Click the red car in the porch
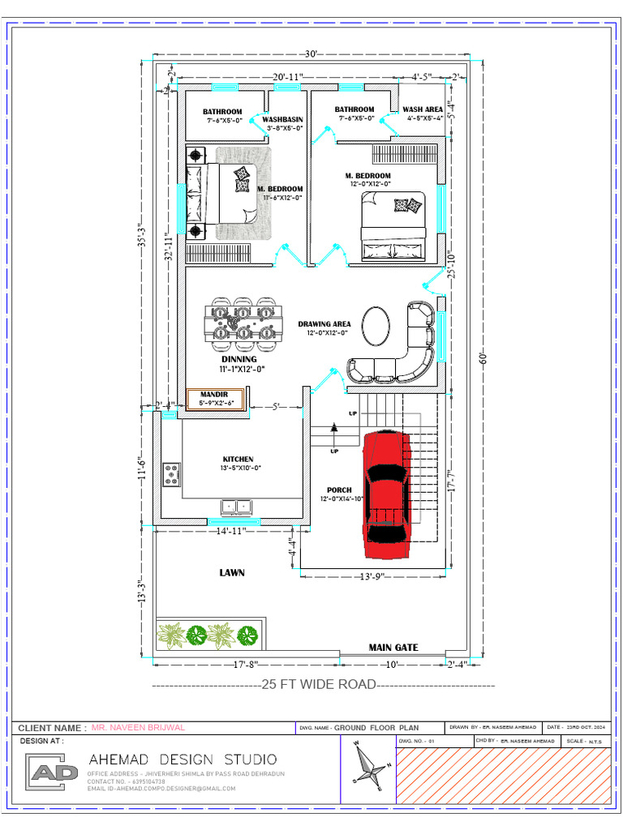[x=386, y=494]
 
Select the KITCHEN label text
[x=238, y=460]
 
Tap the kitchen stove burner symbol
[x=172, y=474]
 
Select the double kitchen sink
[x=238, y=507]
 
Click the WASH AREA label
[x=423, y=109]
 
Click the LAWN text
[x=232, y=572]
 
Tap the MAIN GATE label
[x=393, y=648]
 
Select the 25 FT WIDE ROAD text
[x=319, y=684]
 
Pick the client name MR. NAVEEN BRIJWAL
[x=138, y=728]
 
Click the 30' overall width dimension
[x=311, y=54]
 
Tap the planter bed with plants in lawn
[x=210, y=635]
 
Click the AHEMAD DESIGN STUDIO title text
[x=183, y=759]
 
